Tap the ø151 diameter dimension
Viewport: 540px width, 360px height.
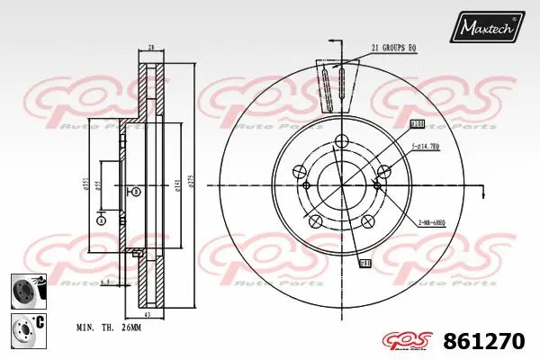85,184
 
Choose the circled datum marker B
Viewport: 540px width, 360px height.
135,192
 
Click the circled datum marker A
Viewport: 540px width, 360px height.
101,220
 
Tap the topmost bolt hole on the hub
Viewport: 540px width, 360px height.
342,140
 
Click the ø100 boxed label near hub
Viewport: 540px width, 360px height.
416,123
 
